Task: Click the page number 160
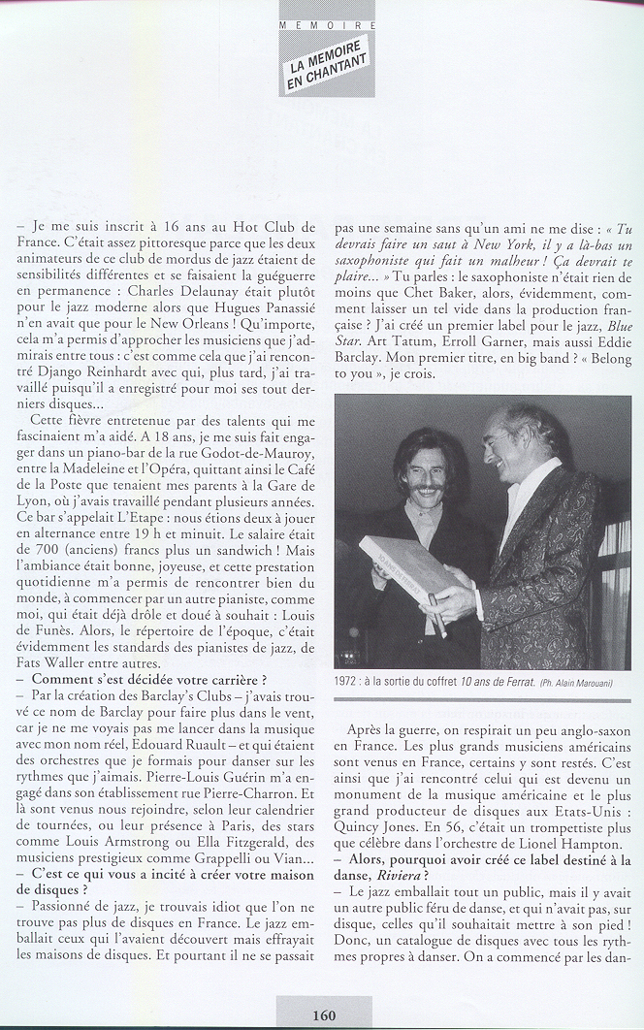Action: click(324, 1014)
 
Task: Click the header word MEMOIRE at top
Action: click(327, 23)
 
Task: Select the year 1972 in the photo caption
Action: click(351, 681)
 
